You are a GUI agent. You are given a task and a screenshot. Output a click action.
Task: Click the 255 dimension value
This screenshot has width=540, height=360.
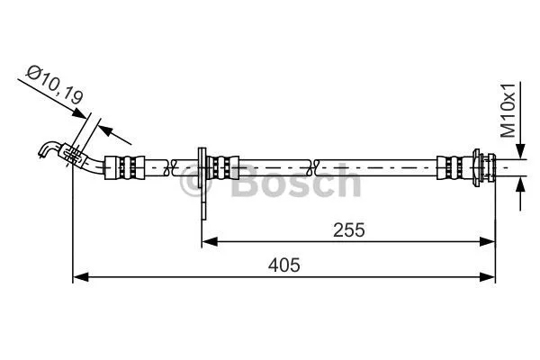348,229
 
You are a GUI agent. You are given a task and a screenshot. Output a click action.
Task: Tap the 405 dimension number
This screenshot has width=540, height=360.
283,265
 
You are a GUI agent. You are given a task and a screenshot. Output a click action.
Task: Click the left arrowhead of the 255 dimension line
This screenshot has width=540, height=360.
207,240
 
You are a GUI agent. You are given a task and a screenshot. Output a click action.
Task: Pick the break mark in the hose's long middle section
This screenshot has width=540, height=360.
311,166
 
